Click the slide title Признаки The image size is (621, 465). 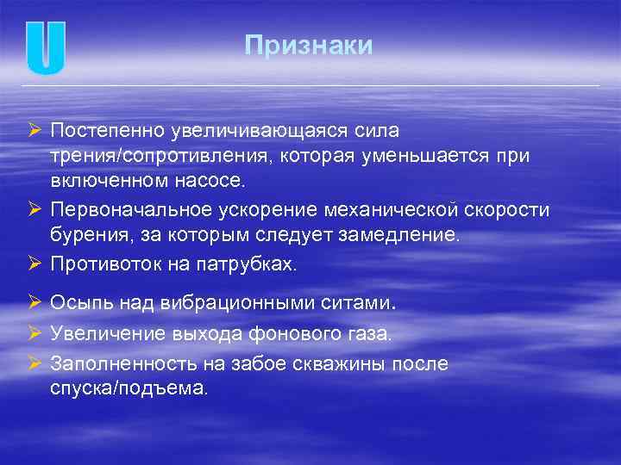pos(308,46)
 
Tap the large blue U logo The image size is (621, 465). pos(46,46)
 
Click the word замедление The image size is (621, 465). pos(408,235)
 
